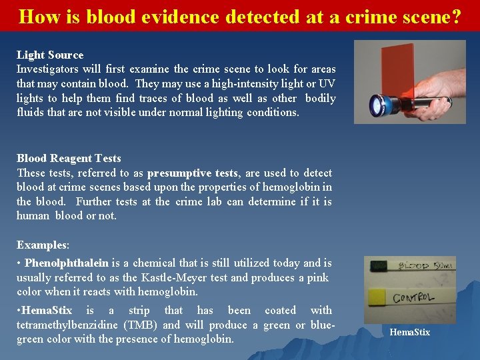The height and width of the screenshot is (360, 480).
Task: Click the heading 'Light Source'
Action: tap(50, 55)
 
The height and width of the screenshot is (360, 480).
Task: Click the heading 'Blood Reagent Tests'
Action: tap(69, 158)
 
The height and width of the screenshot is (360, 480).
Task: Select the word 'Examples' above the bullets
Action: tap(41, 245)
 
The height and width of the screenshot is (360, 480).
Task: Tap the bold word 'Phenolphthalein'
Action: tap(67, 263)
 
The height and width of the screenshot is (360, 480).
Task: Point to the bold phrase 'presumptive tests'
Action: tap(192, 173)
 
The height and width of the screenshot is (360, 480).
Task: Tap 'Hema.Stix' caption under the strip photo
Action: tap(409, 332)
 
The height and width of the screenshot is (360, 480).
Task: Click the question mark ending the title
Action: tap(455, 16)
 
